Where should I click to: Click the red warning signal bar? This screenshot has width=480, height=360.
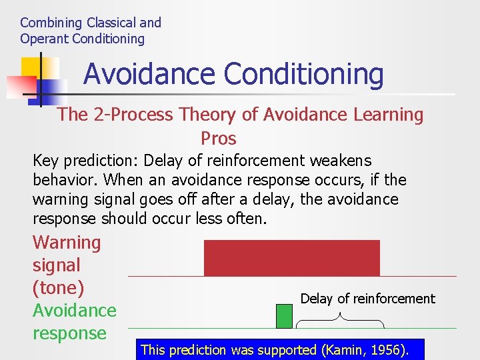click(x=291, y=258)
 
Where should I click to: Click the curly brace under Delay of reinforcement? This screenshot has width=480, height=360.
click(x=340, y=323)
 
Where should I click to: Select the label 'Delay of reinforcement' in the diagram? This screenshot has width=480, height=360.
click(x=367, y=299)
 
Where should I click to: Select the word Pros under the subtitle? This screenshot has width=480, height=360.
click(x=219, y=138)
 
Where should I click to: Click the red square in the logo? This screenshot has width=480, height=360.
click(x=21, y=85)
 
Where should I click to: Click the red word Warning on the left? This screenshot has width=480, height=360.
click(x=67, y=243)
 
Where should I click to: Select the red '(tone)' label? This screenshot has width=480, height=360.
click(x=58, y=288)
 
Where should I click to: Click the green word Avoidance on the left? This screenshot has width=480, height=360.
click(x=74, y=311)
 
